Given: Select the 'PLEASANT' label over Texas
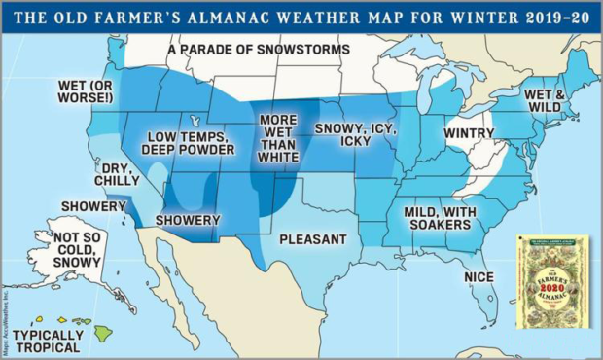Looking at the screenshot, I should pyautogui.click(x=312, y=239).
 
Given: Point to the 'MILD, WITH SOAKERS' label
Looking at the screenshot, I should pyautogui.click(x=432, y=217).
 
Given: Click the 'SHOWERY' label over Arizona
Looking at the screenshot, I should pyautogui.click(x=188, y=220).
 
